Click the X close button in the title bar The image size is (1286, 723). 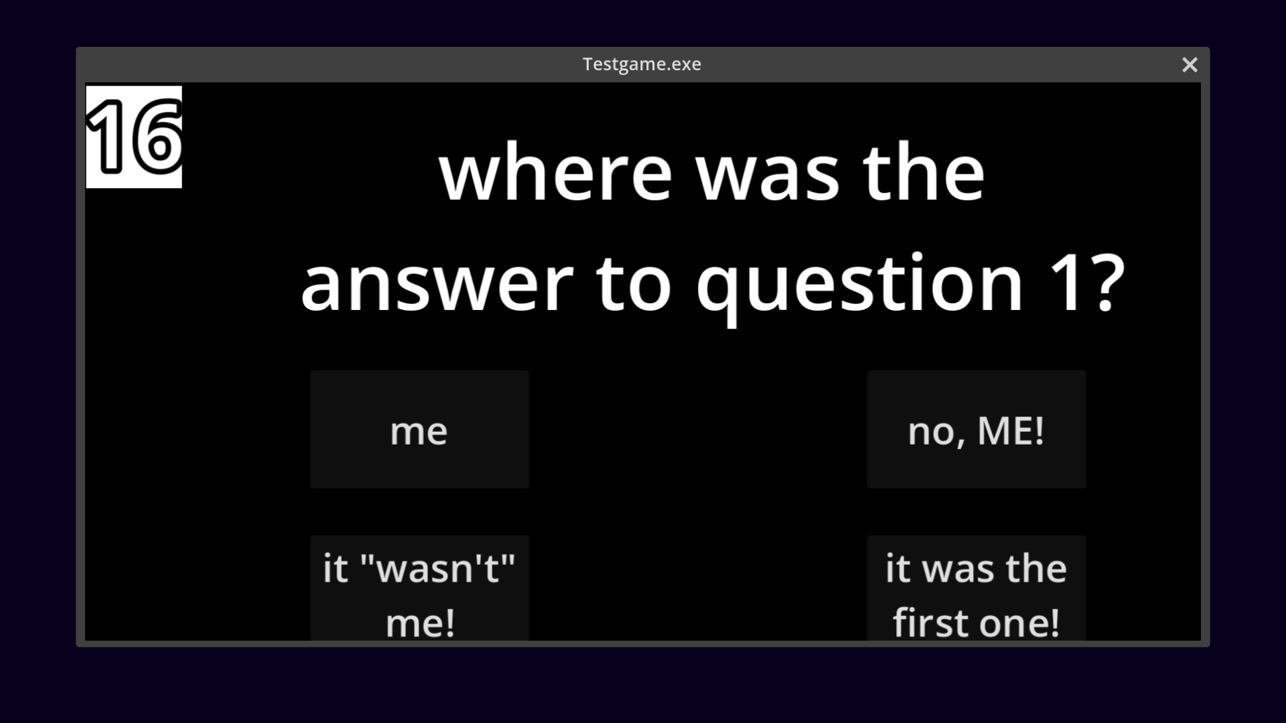(1190, 64)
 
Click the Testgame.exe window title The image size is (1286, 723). (642, 64)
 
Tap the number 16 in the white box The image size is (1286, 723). (134, 137)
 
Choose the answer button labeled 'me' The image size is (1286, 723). (419, 429)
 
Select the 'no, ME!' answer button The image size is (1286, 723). (977, 429)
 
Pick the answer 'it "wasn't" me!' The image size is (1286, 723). (419, 588)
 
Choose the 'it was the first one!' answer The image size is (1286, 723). (977, 588)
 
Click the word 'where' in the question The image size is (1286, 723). (555, 173)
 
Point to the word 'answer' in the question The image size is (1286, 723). (437, 284)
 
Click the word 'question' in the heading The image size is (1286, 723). (860, 288)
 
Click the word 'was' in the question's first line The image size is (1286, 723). (768, 176)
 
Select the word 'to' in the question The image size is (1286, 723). (634, 285)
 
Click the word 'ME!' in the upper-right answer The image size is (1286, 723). (1011, 430)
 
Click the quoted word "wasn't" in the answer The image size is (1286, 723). (438, 569)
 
